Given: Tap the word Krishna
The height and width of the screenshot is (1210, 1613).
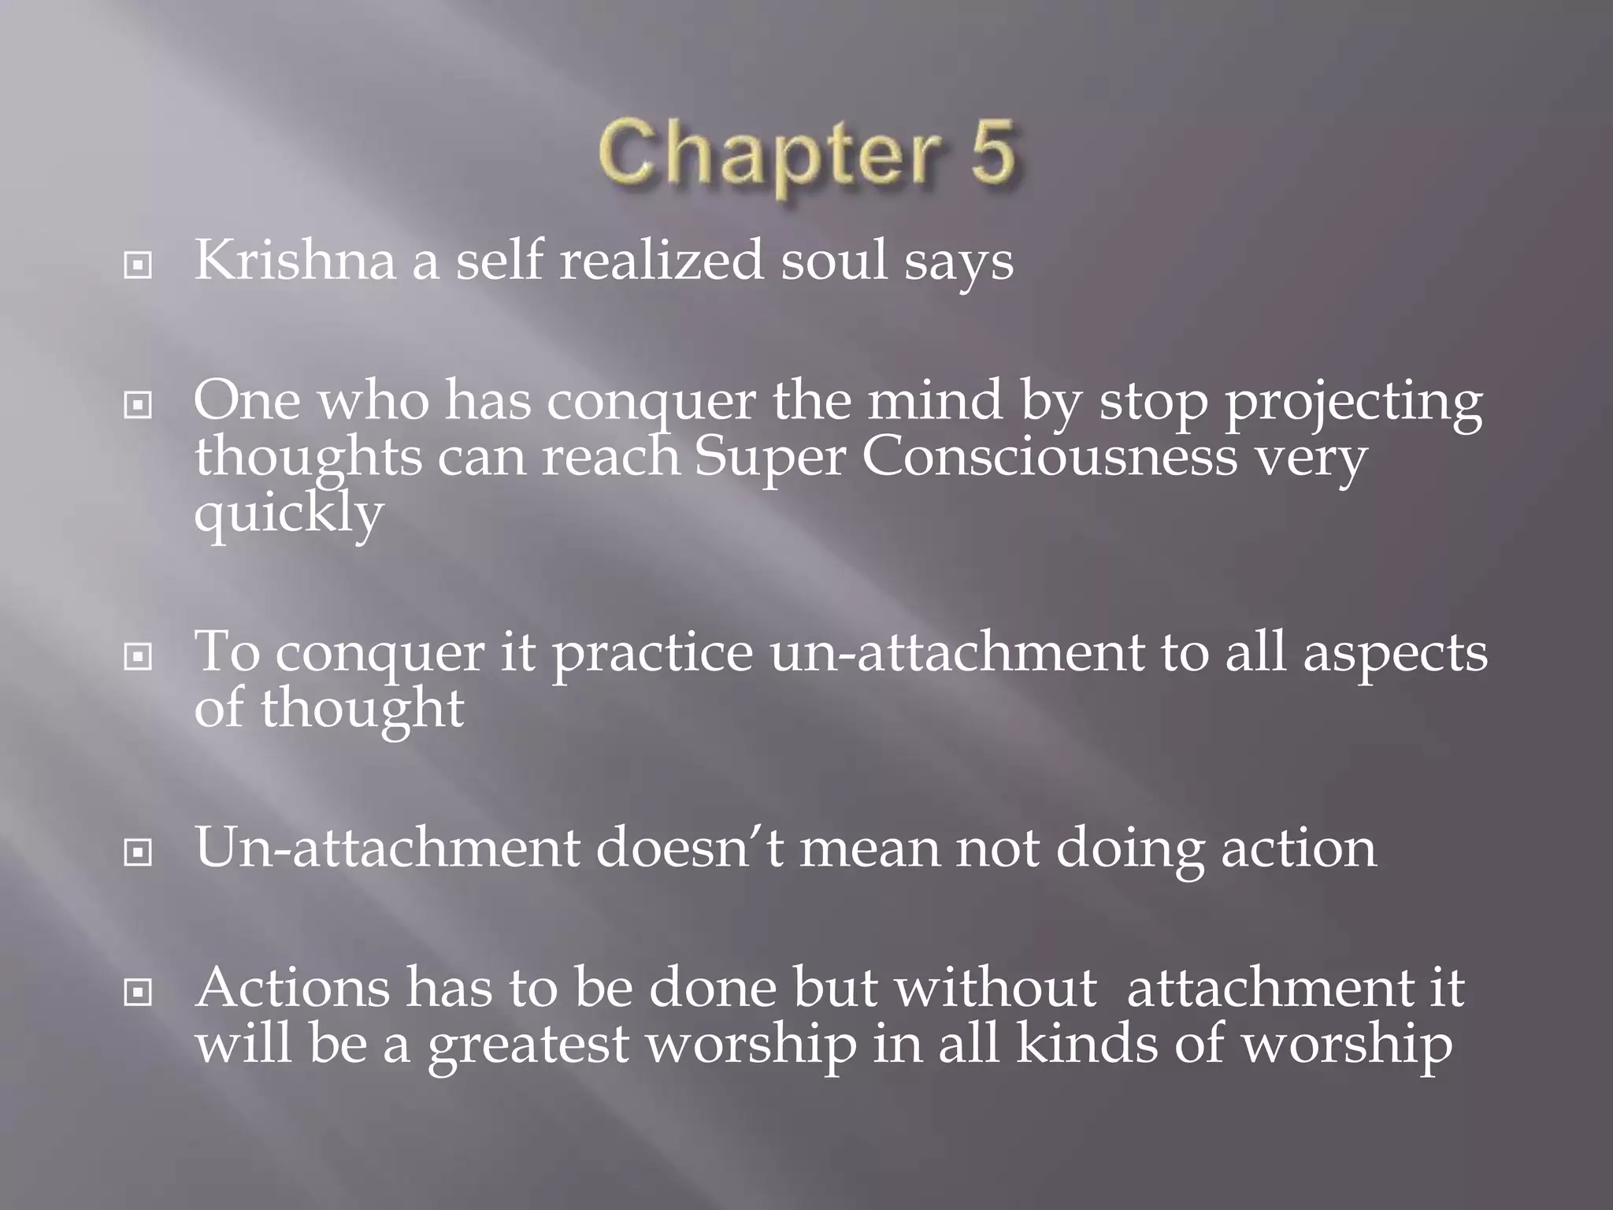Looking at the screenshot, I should tap(295, 261).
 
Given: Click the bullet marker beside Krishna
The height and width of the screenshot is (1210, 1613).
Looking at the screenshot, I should tap(139, 266).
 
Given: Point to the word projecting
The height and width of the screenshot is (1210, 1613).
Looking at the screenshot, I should tap(1352, 402).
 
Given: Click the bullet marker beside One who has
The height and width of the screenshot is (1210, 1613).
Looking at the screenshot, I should tap(139, 406).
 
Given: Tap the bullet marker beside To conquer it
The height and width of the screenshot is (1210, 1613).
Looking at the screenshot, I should tap(139, 655).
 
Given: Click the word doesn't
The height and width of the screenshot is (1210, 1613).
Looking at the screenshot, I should tap(690, 848).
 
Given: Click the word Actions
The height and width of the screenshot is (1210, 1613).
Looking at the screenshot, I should tap(292, 988).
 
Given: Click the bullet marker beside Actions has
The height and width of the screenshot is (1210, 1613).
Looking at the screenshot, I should tap(139, 993).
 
